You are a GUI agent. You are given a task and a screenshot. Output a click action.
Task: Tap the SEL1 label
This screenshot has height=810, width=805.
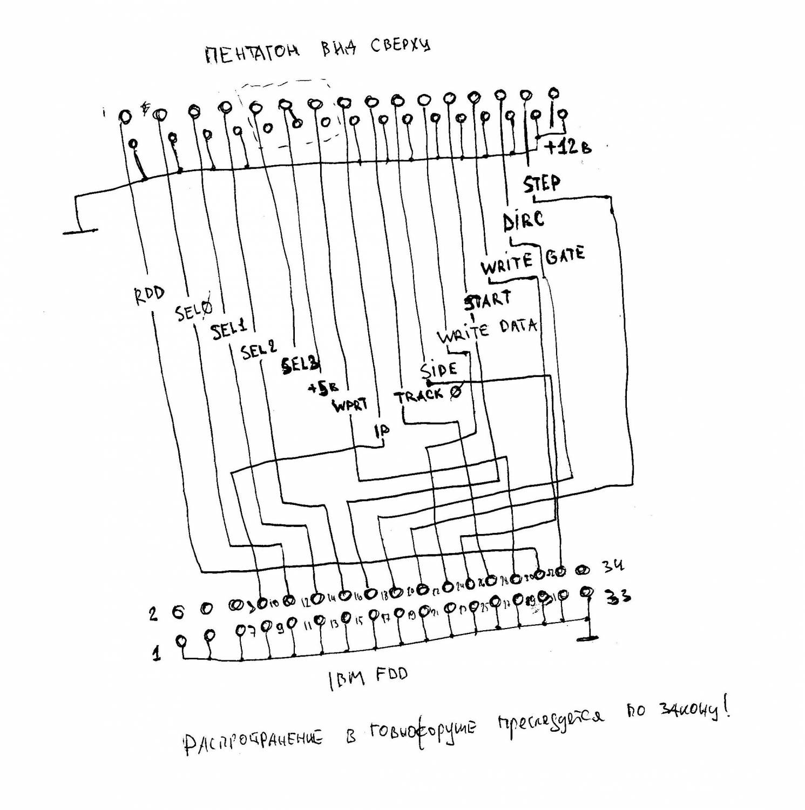tap(229, 329)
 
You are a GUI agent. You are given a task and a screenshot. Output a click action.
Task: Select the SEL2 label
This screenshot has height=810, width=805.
tap(259, 351)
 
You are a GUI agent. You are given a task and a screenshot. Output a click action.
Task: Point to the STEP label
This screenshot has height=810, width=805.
tap(542, 184)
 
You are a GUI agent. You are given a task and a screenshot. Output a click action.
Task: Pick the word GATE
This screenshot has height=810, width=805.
tap(565, 254)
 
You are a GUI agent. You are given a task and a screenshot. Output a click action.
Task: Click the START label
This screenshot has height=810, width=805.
tap(488, 300)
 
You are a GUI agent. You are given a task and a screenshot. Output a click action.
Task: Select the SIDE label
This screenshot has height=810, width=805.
tap(438, 370)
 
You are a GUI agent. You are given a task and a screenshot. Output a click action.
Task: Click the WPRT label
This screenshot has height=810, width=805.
tap(350, 404)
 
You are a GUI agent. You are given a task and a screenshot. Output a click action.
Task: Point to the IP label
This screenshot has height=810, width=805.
tap(382, 430)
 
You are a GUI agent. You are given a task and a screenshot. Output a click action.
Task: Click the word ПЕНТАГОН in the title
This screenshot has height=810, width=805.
tap(252, 54)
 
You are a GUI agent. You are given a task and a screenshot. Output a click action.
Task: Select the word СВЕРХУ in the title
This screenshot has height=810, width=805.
tap(401, 46)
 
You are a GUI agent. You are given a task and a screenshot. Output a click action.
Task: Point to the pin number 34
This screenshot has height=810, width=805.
tap(614, 566)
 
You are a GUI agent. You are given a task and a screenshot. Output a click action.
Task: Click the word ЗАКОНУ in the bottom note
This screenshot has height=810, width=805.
tap(689, 712)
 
